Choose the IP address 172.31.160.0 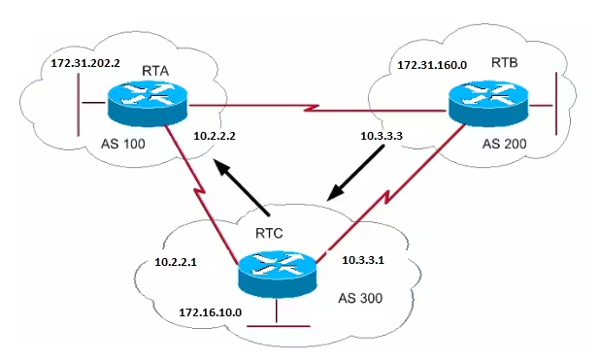point(433,67)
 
